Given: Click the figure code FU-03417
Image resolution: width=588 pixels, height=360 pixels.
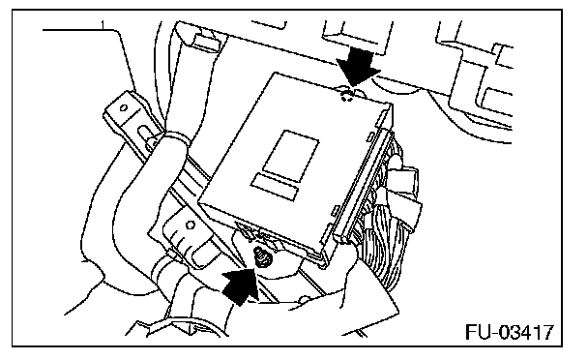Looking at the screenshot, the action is [510, 332].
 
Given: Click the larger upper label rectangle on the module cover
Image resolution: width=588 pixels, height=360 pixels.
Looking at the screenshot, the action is [291, 154].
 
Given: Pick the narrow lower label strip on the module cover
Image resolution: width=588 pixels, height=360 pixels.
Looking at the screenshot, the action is [275, 187].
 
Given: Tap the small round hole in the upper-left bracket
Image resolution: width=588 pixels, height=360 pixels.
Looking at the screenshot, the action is [123, 108].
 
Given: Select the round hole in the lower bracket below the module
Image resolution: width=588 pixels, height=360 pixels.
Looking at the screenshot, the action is [191, 225].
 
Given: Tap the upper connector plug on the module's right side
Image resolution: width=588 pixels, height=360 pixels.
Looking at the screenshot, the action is [404, 176].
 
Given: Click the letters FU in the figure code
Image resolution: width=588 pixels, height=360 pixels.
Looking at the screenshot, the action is [476, 332].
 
